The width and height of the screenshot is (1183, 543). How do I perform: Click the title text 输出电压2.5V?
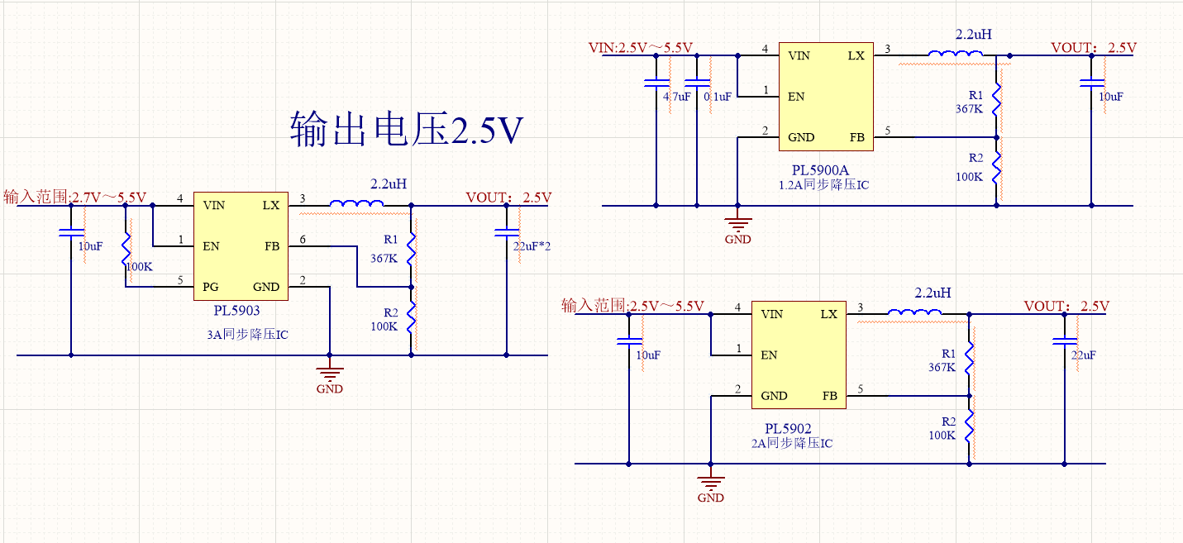[x=407, y=131]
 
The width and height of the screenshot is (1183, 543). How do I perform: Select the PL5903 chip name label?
[x=236, y=311]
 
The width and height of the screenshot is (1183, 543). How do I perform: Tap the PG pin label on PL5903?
[x=210, y=287]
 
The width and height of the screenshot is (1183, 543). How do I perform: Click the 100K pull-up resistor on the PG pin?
[x=126, y=245]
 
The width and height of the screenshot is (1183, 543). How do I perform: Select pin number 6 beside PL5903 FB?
[x=303, y=239]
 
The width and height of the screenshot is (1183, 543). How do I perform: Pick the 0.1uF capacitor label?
[x=718, y=97]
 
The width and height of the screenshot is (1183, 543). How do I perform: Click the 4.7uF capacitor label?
[x=676, y=97]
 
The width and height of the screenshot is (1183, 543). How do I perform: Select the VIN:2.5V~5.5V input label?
[x=640, y=48]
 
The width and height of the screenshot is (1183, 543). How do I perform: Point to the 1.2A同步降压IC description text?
[x=824, y=185]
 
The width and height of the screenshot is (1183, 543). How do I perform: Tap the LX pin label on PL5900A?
[x=856, y=55]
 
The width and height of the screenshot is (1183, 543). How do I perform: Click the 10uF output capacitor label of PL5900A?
[x=1111, y=97]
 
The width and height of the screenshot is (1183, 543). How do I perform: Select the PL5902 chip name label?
[x=788, y=429]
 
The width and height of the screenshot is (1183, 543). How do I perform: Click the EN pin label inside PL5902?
[x=769, y=355]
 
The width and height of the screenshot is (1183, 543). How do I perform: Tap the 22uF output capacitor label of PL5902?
[x=1083, y=355]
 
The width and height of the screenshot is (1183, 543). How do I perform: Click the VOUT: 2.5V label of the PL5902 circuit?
[x=1066, y=307]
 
